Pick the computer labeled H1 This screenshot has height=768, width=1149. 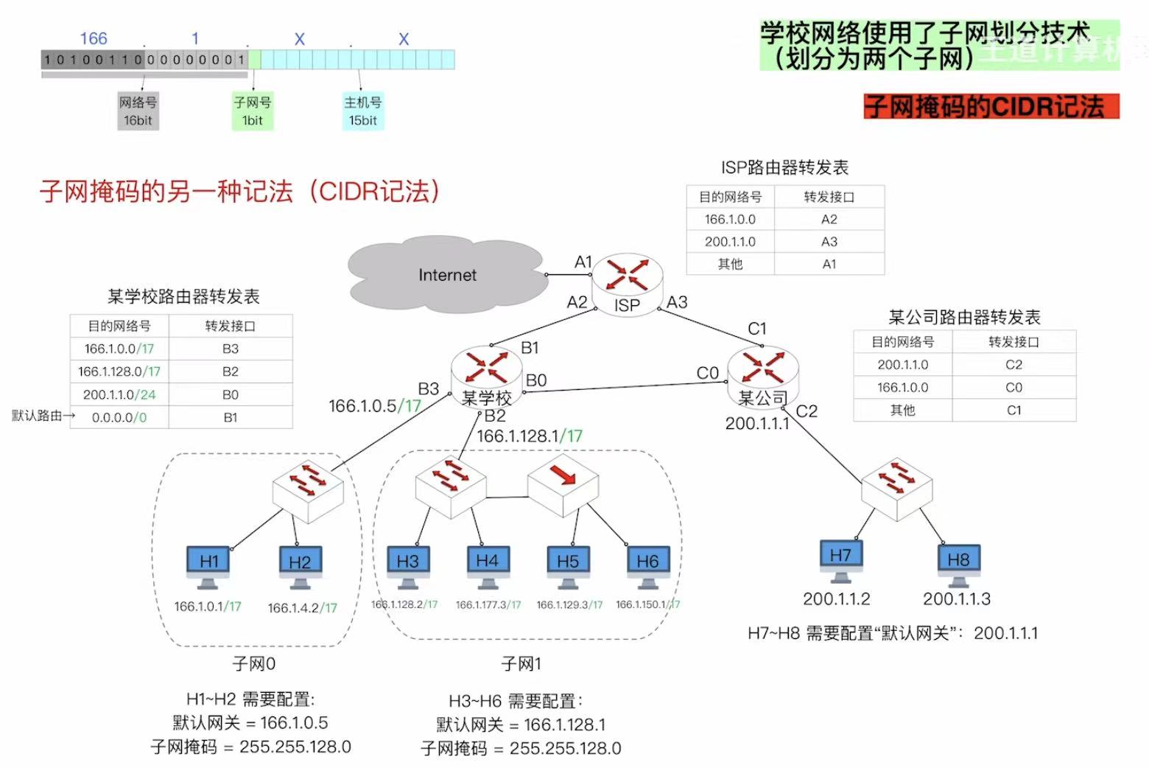[208, 565]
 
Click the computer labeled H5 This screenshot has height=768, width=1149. [568, 565]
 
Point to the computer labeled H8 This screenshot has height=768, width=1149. [958, 563]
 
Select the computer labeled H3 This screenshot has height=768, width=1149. [407, 565]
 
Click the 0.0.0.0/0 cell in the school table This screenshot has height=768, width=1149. [119, 417]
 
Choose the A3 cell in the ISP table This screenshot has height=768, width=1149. [829, 242]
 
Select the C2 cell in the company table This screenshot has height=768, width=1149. [1013, 365]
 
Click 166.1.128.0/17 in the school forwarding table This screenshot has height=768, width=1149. [119, 371]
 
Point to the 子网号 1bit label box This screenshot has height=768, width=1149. [253, 111]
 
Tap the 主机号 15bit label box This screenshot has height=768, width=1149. [363, 111]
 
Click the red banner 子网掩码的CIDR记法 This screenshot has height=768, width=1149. [991, 107]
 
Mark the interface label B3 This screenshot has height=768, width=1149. [429, 388]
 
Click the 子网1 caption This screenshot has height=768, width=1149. [521, 664]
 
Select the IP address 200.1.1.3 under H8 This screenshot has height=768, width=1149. [957, 599]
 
